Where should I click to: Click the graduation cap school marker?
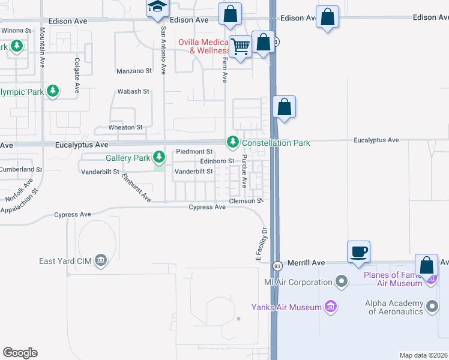pos(157,8)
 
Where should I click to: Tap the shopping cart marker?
pos(241,46)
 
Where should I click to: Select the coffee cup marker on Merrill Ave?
pos(358,251)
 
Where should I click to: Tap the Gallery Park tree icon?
pos(158,158)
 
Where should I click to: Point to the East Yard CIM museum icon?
pos(100,260)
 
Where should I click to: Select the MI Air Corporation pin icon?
pos(342,281)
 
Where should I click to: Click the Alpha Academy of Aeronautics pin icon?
pos(432,307)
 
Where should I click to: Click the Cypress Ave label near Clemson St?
pos(207,207)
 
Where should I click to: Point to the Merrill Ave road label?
pos(306,263)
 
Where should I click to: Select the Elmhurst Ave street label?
pos(136,188)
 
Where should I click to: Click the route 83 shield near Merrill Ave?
pos(277,265)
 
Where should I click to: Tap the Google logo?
pos(20,353)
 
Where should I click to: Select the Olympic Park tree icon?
pos(53,91)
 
